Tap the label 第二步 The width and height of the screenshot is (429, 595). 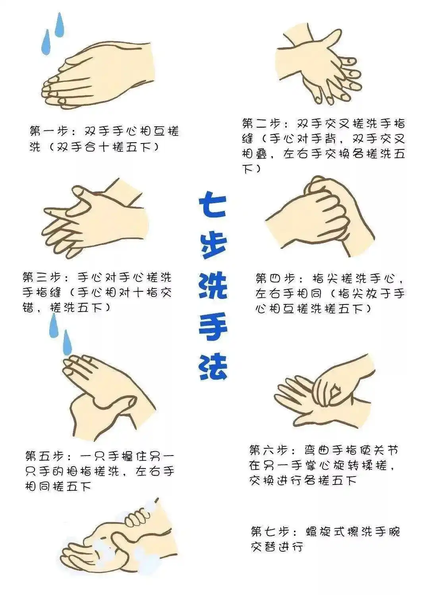(x=261, y=124)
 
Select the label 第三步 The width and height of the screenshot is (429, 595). (x=42, y=277)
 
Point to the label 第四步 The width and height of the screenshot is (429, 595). (x=275, y=279)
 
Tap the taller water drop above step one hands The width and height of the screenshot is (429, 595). (x=60, y=25)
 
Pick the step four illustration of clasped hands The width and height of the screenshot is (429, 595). (x=320, y=216)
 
